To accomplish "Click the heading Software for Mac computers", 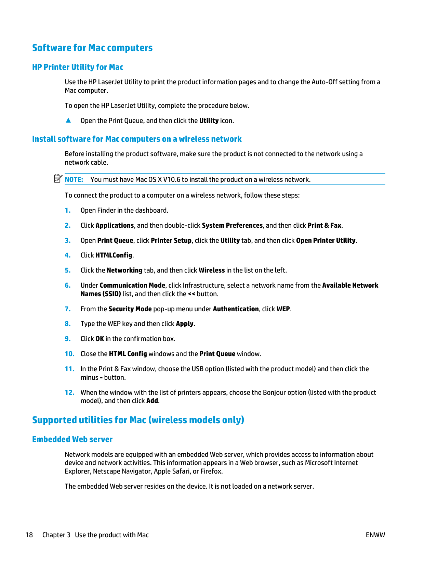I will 92,48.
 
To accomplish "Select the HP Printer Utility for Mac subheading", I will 78,67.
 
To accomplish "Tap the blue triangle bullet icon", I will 68,120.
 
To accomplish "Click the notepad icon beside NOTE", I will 58,178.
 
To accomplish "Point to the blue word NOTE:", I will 74,179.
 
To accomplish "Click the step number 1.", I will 68,211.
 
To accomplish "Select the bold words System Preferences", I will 232,225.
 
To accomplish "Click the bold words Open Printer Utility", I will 326,240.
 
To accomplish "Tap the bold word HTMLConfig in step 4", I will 114,255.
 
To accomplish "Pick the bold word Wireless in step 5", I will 212,270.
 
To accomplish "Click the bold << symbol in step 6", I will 191,294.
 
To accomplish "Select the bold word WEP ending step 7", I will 283,309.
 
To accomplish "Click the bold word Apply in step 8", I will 185,324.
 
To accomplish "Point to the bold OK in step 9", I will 100,339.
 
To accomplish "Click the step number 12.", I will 69,392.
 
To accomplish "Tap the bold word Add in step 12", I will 152,401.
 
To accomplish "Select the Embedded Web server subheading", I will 72,439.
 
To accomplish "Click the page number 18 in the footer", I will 29,535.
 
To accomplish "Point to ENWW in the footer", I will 375,535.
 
